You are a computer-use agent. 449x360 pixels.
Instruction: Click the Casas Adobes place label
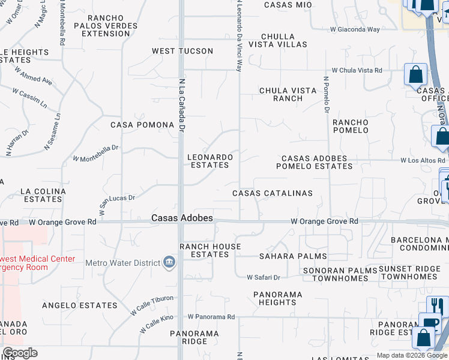pos(182,218)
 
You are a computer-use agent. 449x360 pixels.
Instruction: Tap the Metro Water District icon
pos(169,262)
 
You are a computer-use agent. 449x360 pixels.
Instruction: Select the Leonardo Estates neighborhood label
pos(209,160)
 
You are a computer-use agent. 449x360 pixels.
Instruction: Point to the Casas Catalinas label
pos(273,193)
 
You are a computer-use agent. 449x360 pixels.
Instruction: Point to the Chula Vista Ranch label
pos(288,94)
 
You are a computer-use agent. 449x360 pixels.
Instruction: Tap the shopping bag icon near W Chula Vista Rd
pos(415,75)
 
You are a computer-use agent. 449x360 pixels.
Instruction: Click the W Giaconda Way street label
pos(355,29)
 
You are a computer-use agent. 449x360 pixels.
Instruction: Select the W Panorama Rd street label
pos(211,316)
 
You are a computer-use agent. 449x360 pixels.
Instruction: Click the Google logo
pos(20,353)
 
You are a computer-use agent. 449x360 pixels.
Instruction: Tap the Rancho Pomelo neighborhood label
pos(351,126)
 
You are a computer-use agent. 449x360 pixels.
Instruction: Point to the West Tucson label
pos(182,51)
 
